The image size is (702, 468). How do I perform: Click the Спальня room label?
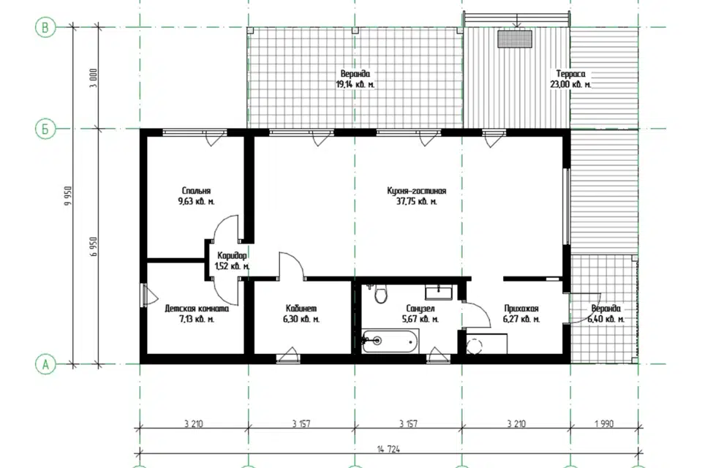coord(196,191)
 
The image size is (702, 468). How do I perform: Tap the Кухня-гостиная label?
coord(416,192)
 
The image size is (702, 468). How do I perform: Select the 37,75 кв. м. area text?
coord(416,202)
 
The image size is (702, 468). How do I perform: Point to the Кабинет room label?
coord(301,309)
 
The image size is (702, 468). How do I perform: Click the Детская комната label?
coord(197,309)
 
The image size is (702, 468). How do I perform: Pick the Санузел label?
coord(420,309)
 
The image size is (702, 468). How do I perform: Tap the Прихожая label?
coord(521,309)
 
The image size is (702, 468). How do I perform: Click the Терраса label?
coord(570,73)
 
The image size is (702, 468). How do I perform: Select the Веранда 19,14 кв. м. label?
coord(355,78)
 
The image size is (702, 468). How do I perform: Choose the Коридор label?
coord(232,256)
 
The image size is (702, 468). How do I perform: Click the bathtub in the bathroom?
coord(390,341)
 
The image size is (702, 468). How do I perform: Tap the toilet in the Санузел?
coord(381,294)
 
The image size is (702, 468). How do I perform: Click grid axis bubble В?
coord(45,28)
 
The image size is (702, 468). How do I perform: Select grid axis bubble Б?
coord(45,129)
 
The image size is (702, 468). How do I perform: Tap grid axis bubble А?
coord(45,365)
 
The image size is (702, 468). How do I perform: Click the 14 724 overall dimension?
coord(389,449)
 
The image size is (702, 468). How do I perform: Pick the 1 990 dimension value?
coord(605,423)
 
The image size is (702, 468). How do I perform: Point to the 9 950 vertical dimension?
coord(68,196)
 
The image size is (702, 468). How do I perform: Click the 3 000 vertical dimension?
coord(93,78)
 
